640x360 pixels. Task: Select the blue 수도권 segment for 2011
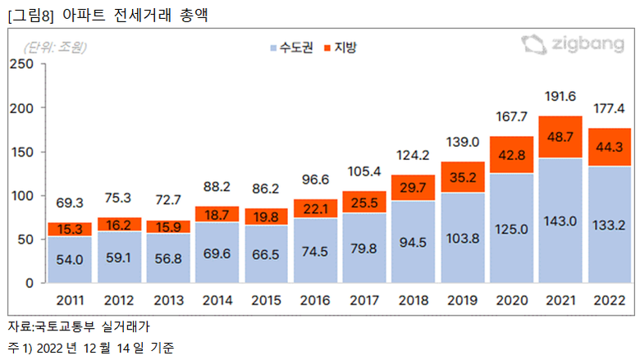69,260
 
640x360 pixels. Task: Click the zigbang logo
573,45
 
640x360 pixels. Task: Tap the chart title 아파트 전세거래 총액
132,15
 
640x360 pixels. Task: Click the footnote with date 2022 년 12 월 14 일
98,348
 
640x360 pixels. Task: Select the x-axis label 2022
610,300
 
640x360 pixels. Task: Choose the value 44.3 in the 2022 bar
610,148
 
